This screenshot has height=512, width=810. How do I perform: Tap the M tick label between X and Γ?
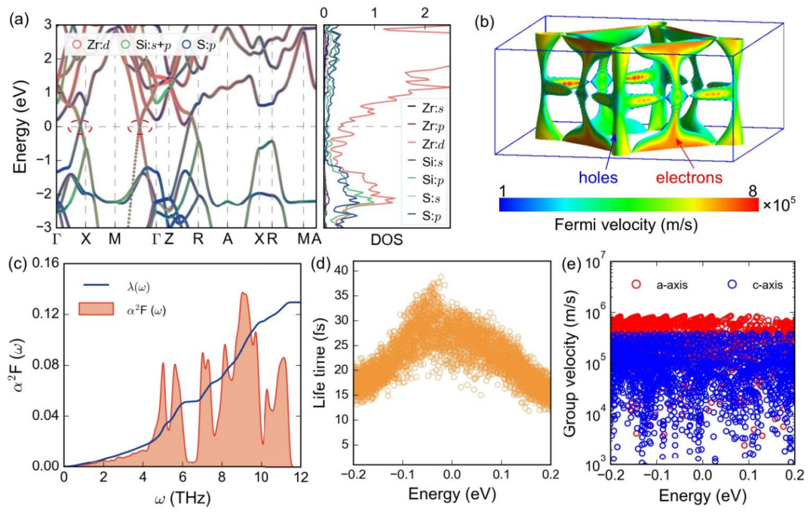116,240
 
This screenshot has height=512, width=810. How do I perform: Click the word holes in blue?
596,178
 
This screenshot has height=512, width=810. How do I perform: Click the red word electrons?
690,178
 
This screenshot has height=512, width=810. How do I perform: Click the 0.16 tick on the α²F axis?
44,262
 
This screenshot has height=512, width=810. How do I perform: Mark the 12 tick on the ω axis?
300,476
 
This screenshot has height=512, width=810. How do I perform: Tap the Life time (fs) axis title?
321,362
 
